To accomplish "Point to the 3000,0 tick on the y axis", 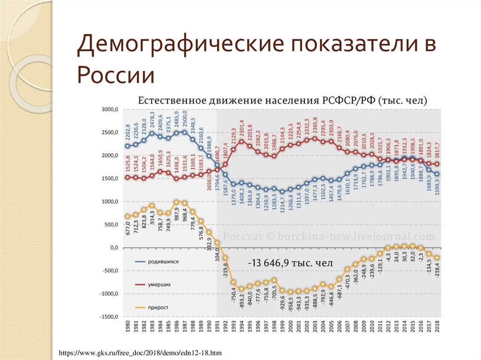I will click(x=110, y=110).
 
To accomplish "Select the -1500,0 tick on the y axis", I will click(x=109, y=317).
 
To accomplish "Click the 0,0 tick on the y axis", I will click(x=114, y=248).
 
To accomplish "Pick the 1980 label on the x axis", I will click(x=127, y=329).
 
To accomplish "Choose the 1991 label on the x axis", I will click(x=217, y=329).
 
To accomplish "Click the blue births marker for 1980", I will click(x=127, y=146).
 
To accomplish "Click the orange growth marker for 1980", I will click(x=127, y=216).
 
